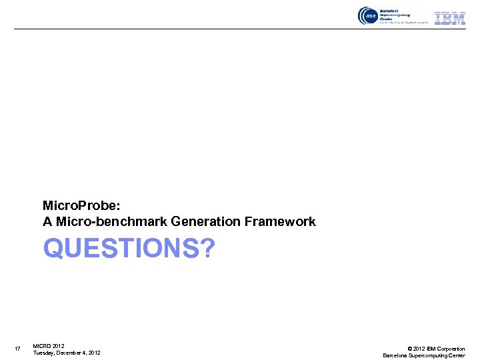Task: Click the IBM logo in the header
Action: tap(450, 17)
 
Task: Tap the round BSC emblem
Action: tap(367, 16)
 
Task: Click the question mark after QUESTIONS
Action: tap(207, 249)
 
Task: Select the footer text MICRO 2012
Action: tap(49, 346)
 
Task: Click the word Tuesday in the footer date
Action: tap(45, 353)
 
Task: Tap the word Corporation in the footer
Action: tap(451, 349)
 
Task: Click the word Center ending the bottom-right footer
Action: tap(457, 355)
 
